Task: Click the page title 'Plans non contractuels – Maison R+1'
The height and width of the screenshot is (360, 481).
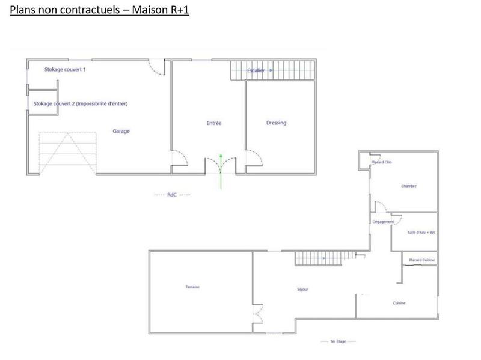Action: pyautogui.click(x=99, y=10)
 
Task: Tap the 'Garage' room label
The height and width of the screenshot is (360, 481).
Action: pyautogui.click(x=121, y=131)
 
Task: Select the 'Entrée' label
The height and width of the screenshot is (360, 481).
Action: pyautogui.click(x=214, y=123)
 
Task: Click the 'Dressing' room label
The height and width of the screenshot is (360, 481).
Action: pyautogui.click(x=276, y=123)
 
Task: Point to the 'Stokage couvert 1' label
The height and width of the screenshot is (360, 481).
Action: pyautogui.click(x=65, y=70)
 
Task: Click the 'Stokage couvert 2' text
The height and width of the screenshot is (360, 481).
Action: pyautogui.click(x=81, y=103)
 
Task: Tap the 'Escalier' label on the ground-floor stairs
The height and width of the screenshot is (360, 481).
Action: pyautogui.click(x=256, y=70)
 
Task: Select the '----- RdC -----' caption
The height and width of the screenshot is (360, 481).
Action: pyautogui.click(x=172, y=195)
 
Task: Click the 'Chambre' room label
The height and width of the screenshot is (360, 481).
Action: pyautogui.click(x=409, y=186)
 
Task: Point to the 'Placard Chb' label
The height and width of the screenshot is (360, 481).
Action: pyautogui.click(x=382, y=162)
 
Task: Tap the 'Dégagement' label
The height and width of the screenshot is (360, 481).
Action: pyautogui.click(x=383, y=222)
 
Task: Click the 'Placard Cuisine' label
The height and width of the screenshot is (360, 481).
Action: pyautogui.click(x=421, y=260)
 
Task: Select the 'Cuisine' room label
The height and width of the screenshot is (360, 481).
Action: pyautogui.click(x=399, y=303)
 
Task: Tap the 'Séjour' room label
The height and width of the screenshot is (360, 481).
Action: pyautogui.click(x=302, y=290)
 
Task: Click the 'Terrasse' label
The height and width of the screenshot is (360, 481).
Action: pyautogui.click(x=192, y=287)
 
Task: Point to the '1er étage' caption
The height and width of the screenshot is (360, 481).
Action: pyautogui.click(x=339, y=341)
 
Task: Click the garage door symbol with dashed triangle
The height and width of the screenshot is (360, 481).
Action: pyautogui.click(x=67, y=153)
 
